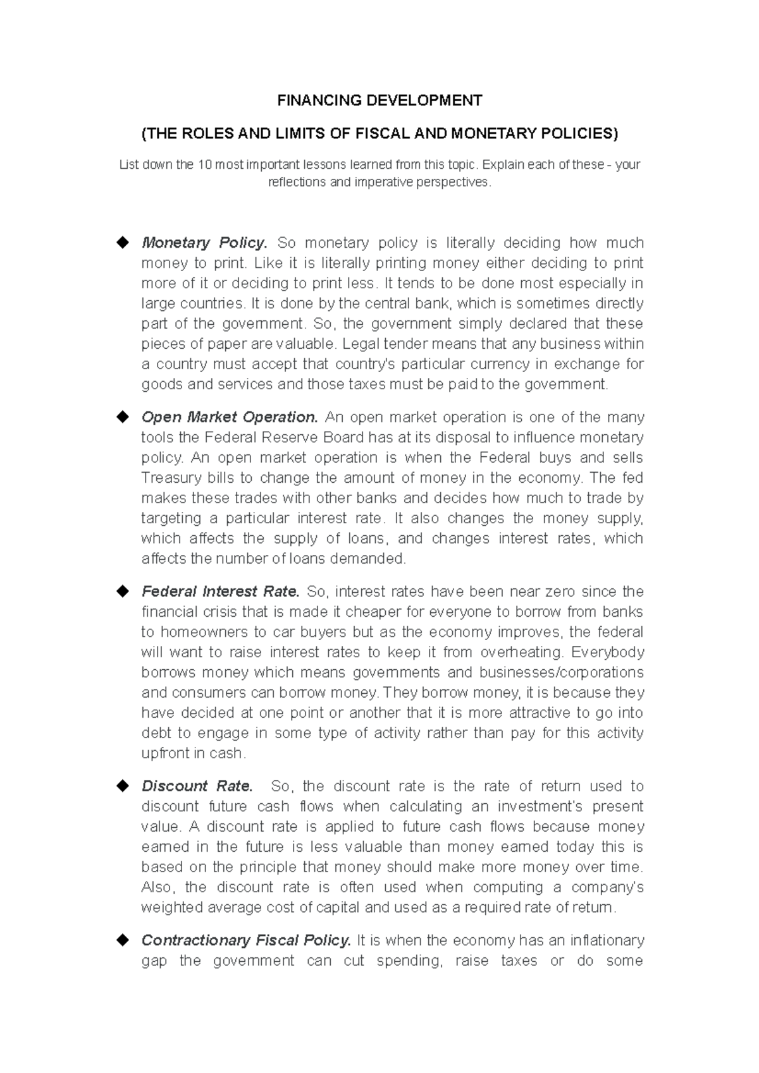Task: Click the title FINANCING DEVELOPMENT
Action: [380, 100]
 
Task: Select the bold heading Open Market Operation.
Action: [230, 418]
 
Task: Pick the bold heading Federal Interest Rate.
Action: [220, 592]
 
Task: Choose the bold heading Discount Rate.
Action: [197, 787]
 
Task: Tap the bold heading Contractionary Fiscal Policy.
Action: [246, 941]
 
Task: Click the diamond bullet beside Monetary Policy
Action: [121, 243]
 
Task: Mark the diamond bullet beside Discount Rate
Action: [121, 786]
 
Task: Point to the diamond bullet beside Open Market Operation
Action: [121, 417]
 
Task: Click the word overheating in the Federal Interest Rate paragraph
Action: [521, 653]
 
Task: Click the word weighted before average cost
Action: [170, 908]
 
